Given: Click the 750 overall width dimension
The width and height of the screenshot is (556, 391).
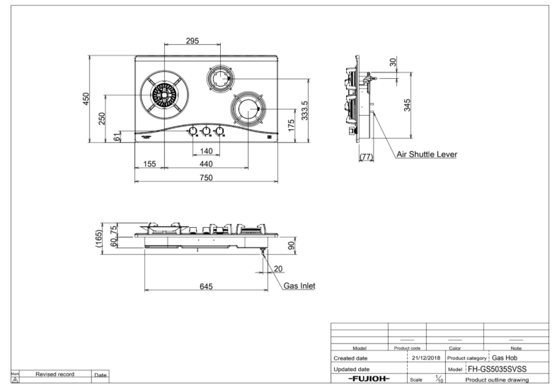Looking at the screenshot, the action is pyautogui.click(x=206, y=177).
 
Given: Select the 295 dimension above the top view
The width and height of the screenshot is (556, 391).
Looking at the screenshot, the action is pyautogui.click(x=193, y=41).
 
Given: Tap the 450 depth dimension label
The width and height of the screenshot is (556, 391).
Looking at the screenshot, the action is pyautogui.click(x=86, y=99).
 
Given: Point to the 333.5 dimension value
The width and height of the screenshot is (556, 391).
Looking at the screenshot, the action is pyautogui.click(x=305, y=110).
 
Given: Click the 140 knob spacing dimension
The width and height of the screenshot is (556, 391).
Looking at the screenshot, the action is pyautogui.click(x=206, y=151).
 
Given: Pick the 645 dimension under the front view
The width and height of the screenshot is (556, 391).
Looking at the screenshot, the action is pyautogui.click(x=206, y=286).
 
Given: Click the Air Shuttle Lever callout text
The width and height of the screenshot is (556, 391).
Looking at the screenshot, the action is pyautogui.click(x=427, y=154).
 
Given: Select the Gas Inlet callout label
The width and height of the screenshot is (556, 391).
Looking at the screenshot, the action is pyautogui.click(x=300, y=286).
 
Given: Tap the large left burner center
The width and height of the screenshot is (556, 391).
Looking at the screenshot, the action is pyautogui.click(x=165, y=95).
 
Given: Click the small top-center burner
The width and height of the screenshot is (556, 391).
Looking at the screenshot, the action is pyautogui.click(x=220, y=78).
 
